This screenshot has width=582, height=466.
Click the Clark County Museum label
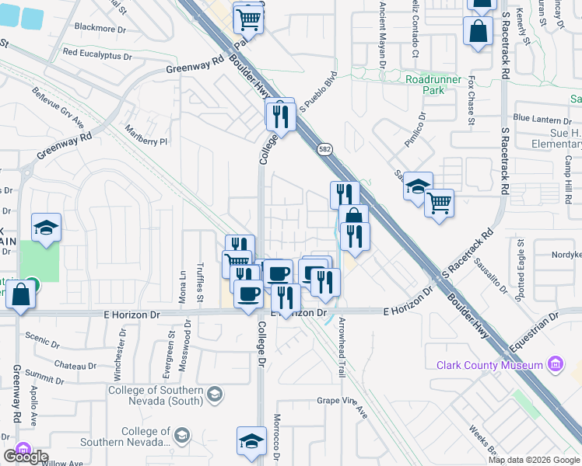click(489, 365)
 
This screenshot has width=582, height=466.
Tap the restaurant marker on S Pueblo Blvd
click(280, 116)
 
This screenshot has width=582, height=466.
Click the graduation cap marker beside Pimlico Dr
click(417, 186)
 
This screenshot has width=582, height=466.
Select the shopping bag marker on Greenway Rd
click(22, 295)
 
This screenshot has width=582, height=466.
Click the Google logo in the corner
click(25, 457)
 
